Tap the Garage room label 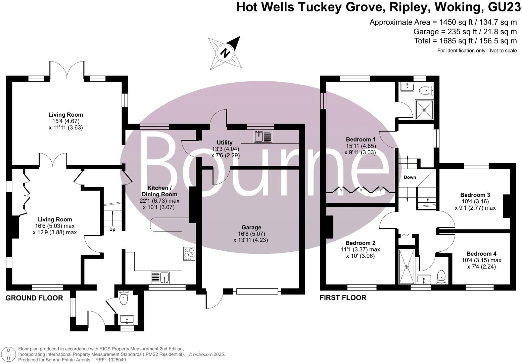(x=251, y=228)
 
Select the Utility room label (x=225, y=143)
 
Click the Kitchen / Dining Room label (x=159, y=191)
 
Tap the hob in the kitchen (x=189, y=253)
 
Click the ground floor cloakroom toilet (x=124, y=298)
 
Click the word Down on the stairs (x=410, y=177)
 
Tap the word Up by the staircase (x=112, y=230)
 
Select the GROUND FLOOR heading (x=34, y=298)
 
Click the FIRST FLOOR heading (x=343, y=298)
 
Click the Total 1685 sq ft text (x=466, y=41)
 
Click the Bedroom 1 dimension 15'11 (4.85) (x=361, y=146)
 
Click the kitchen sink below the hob (x=160, y=278)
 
